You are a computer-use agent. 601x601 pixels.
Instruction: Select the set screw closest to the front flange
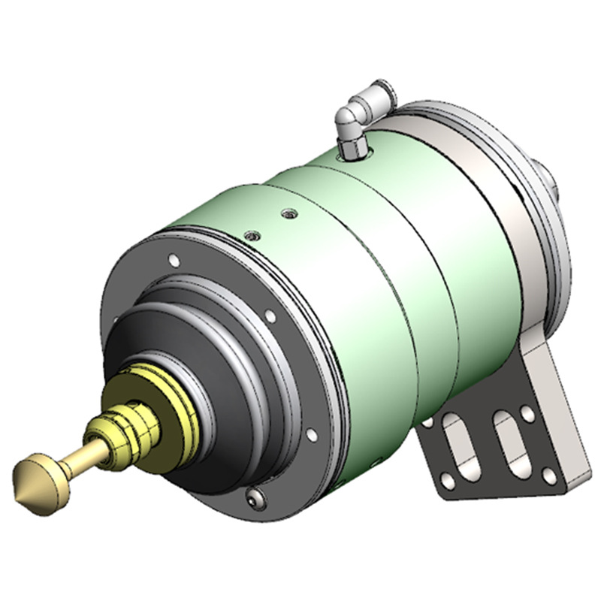click(x=252, y=235)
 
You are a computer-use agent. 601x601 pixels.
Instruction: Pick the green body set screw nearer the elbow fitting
click(x=288, y=215)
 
